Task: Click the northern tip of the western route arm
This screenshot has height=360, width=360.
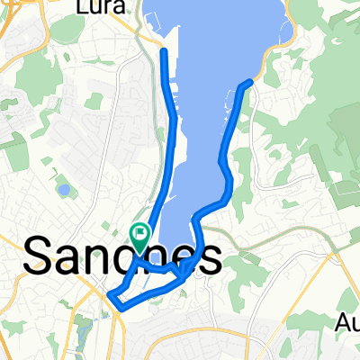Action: (x=164, y=51)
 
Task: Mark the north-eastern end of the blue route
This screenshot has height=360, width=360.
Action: (x=248, y=83)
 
